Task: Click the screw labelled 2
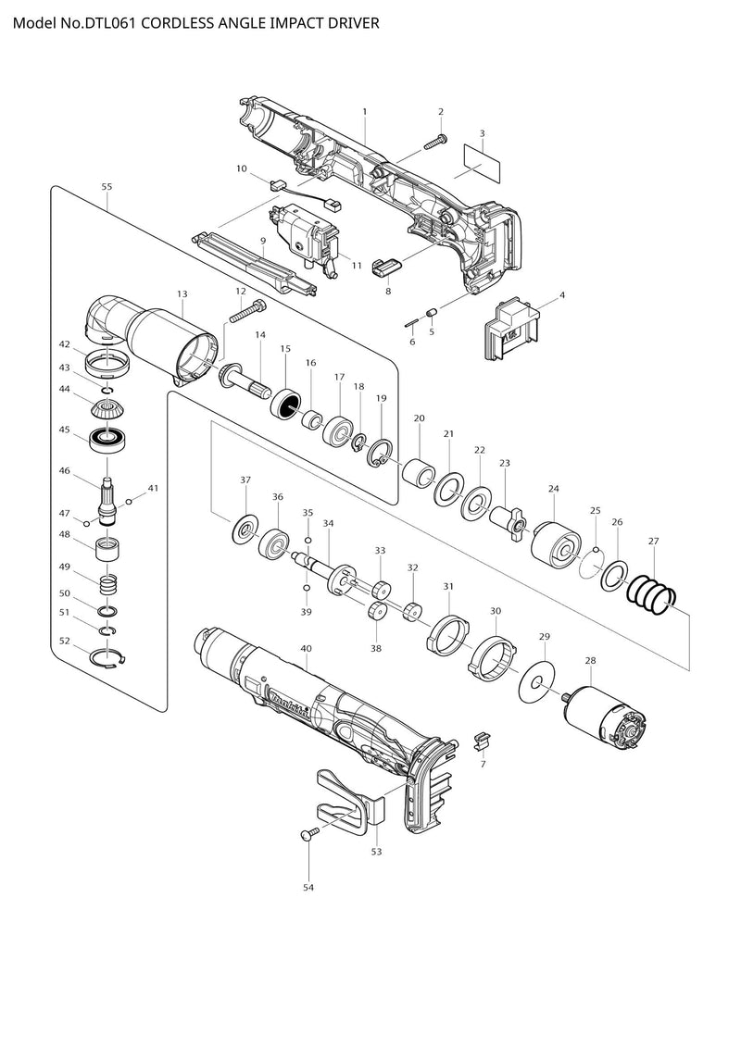(435, 143)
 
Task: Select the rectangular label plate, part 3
(483, 162)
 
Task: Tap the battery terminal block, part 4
(510, 328)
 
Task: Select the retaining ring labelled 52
(107, 657)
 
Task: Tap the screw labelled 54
(310, 833)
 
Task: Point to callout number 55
(107, 187)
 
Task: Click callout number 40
(306, 648)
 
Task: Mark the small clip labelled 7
(482, 741)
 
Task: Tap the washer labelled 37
(244, 530)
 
